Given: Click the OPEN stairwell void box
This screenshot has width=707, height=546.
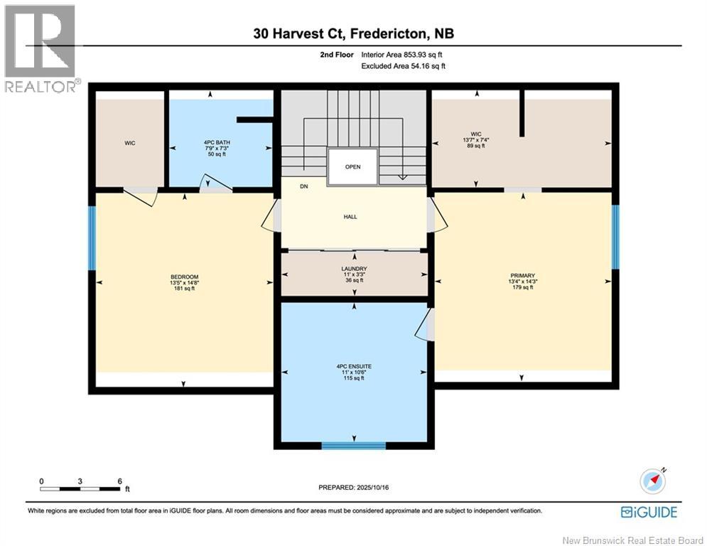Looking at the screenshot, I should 352,166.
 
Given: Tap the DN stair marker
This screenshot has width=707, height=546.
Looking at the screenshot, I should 304,187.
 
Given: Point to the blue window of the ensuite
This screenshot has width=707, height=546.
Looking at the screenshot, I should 353,446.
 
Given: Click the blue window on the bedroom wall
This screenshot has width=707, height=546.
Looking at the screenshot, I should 92,237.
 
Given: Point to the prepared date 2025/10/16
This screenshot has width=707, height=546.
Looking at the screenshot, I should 353,488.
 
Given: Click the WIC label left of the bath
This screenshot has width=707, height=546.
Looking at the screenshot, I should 130,143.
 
